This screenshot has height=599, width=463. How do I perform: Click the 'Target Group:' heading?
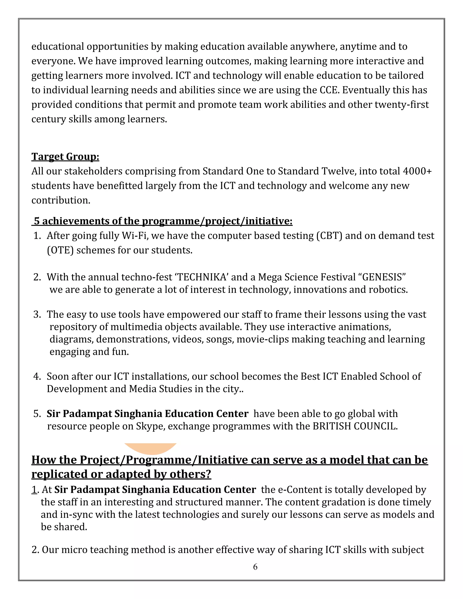[65, 157]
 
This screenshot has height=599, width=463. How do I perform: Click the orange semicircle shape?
[150, 448]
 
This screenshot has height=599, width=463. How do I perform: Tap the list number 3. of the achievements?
[37, 314]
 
